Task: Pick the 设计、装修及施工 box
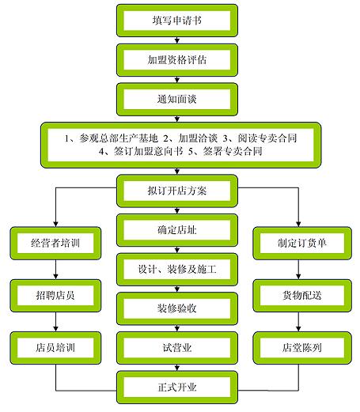point(177,270)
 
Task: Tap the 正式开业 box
point(177,387)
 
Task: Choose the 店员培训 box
point(56,347)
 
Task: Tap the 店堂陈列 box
point(299,347)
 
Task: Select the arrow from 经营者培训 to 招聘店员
point(56,269)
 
